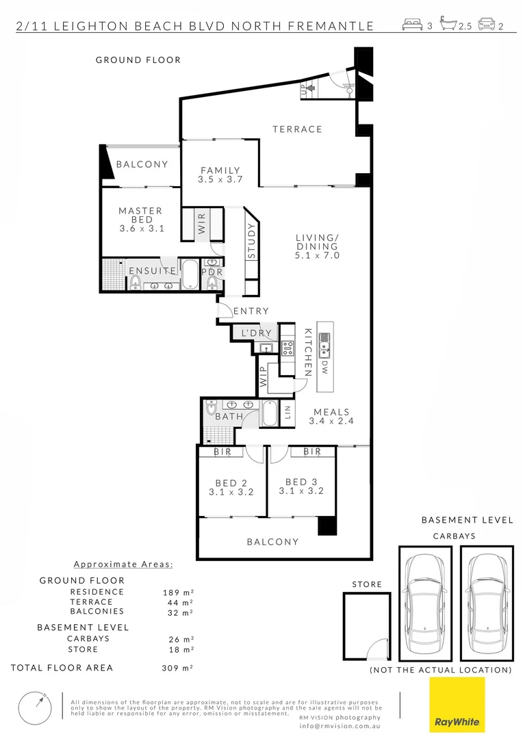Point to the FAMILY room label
[x=220, y=170]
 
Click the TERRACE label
[x=297, y=129]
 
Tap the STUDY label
[x=251, y=243]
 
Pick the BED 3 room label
[x=301, y=482]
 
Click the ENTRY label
[x=251, y=311]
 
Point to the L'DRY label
[x=256, y=333]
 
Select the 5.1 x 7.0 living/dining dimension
[x=318, y=255]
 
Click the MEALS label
[x=331, y=412]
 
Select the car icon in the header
[x=487, y=25]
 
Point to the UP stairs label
[x=303, y=89]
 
